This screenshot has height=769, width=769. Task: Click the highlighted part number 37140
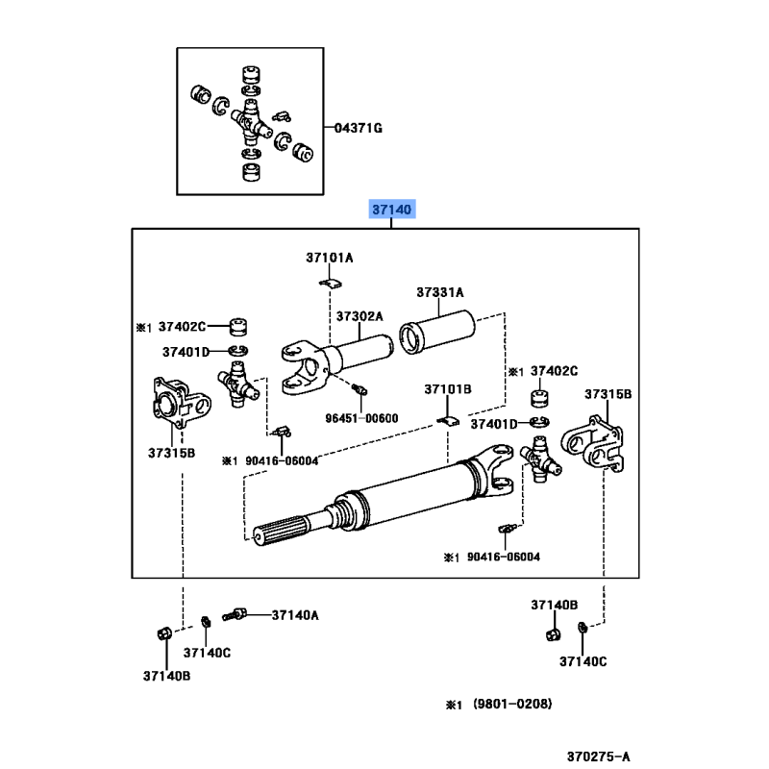tap(392, 210)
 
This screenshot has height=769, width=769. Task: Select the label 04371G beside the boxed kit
tap(358, 128)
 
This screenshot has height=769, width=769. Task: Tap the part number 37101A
tap(330, 258)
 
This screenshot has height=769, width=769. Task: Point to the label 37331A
tap(440, 292)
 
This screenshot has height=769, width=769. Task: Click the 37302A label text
tap(360, 316)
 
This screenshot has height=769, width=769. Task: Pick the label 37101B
tap(448, 389)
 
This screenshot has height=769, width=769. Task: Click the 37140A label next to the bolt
tap(295, 614)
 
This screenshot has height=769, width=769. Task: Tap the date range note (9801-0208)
tap(512, 705)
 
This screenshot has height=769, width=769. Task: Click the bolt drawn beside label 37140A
tap(236, 613)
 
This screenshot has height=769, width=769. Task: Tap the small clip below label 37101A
tap(330, 283)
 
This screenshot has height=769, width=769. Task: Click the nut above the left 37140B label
tap(162, 633)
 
